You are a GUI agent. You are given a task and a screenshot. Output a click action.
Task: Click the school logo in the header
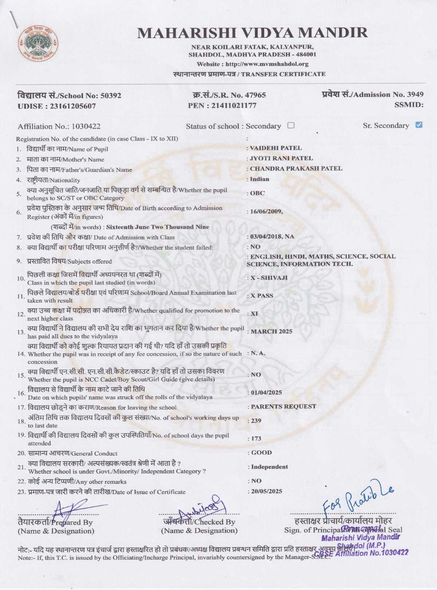click(x=38, y=44)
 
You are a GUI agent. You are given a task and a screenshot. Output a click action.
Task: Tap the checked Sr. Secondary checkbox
click(x=419, y=125)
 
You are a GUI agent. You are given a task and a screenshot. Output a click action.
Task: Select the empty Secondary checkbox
click(x=291, y=125)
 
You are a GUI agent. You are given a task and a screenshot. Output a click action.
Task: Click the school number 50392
click(x=111, y=95)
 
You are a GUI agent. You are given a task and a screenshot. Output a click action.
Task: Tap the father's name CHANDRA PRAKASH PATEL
click(x=296, y=168)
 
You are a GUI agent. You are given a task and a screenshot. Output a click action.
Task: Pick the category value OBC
click(x=257, y=193)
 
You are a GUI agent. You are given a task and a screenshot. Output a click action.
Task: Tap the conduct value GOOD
click(x=261, y=453)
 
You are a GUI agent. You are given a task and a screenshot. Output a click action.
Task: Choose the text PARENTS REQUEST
click(x=283, y=406)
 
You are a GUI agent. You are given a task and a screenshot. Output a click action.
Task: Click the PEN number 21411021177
click(x=234, y=105)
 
